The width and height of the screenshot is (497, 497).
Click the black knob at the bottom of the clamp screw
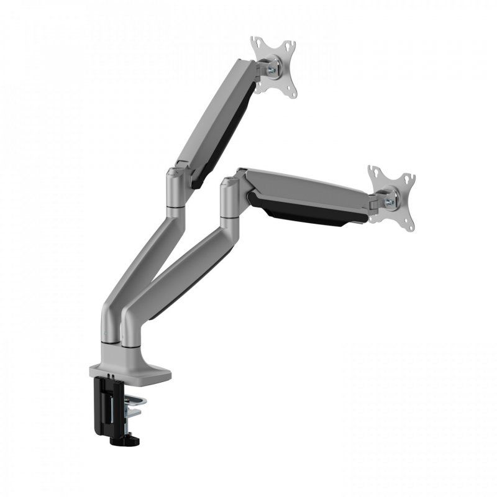[124, 440]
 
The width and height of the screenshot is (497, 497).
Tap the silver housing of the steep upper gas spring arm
[214, 112]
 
